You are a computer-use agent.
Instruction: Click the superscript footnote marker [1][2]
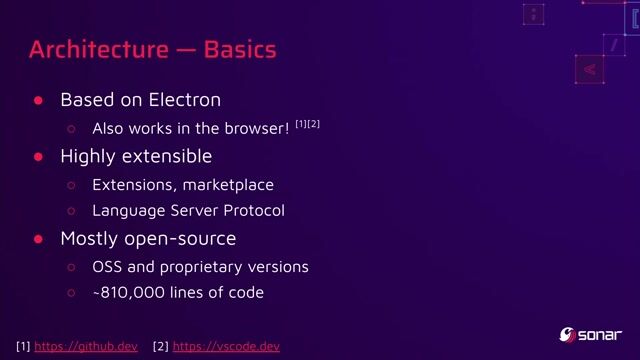pyautogui.click(x=307, y=124)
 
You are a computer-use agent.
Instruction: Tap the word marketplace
pyautogui.click(x=226, y=184)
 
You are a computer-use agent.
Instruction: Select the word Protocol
pyautogui.click(x=250, y=211)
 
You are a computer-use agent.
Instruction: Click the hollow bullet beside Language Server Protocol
pyautogui.click(x=71, y=211)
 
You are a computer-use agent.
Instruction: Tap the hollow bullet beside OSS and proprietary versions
pyautogui.click(x=71, y=267)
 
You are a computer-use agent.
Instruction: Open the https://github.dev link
pyautogui.click(x=86, y=347)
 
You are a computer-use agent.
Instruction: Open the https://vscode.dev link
pyautogui.click(x=226, y=347)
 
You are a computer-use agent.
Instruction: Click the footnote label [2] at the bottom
pyautogui.click(x=161, y=347)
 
